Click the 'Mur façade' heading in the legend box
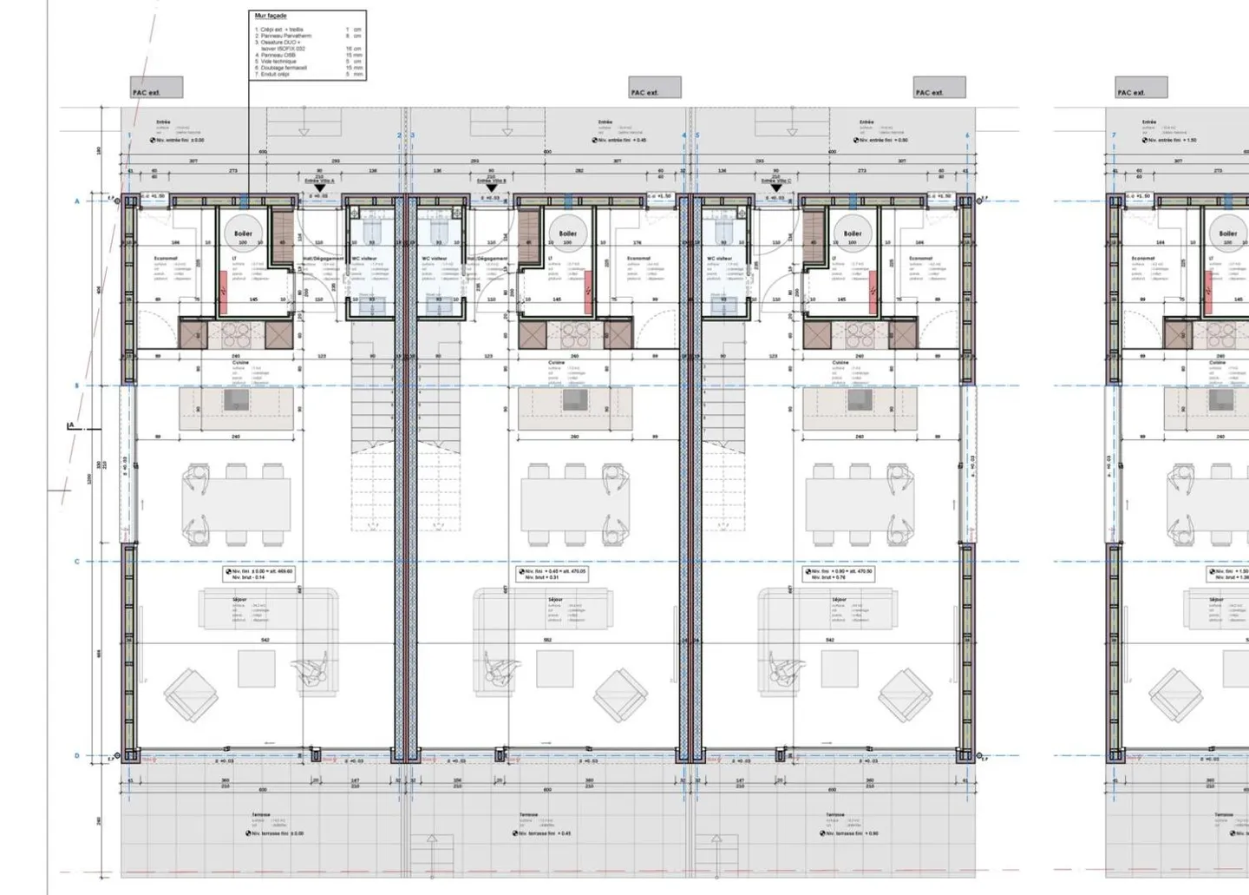(x=271, y=16)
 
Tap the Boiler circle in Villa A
(x=243, y=233)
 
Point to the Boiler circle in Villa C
(x=853, y=233)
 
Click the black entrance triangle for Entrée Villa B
(x=492, y=188)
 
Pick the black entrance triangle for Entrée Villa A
(x=319, y=188)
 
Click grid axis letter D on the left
(x=76, y=755)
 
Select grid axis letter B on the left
(x=76, y=385)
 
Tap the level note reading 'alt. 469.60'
(x=258, y=574)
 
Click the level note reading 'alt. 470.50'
(x=839, y=574)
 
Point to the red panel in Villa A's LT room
(x=224, y=293)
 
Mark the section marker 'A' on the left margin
(x=71, y=425)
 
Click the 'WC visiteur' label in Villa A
(x=363, y=258)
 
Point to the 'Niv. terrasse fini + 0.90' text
(x=850, y=833)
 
